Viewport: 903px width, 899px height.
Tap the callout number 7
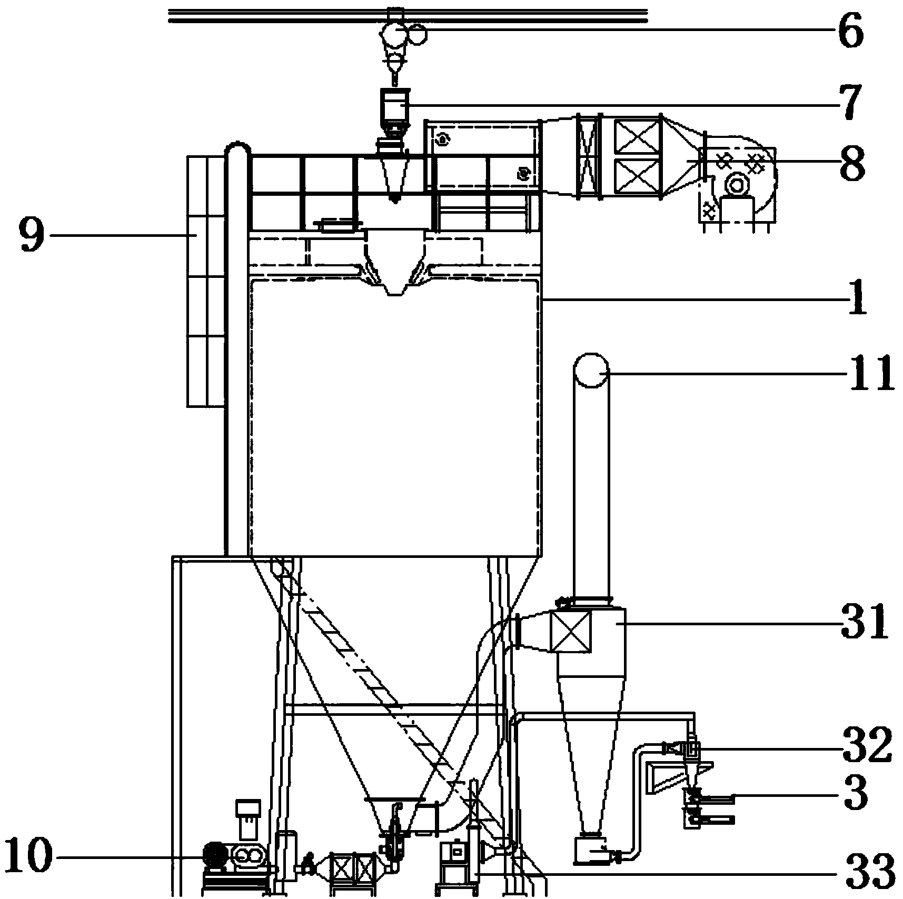point(847,102)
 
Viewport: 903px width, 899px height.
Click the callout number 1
point(857,298)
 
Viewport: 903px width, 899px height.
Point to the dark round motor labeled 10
point(215,855)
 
